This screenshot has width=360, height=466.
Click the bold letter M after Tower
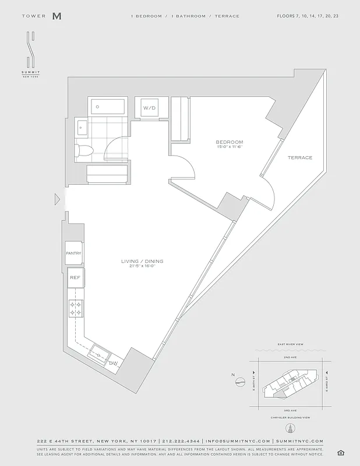pyautogui.click(x=57, y=16)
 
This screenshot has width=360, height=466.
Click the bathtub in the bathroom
pyautogui.click(x=107, y=107)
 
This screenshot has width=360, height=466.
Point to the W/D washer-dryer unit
pyautogui.click(x=150, y=108)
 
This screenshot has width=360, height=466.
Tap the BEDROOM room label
pyautogui.click(x=229, y=142)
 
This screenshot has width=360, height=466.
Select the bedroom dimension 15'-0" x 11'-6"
pyautogui.click(x=229, y=147)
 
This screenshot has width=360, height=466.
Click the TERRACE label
pyautogui.click(x=299, y=158)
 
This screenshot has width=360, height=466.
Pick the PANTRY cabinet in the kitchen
pyautogui.click(x=73, y=253)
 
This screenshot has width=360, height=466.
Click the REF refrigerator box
pyautogui.click(x=75, y=278)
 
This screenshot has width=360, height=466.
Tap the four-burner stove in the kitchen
pyautogui.click(x=75, y=308)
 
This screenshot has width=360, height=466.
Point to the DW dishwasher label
pyautogui.click(x=113, y=363)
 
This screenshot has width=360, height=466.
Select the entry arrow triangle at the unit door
pyautogui.click(x=57, y=199)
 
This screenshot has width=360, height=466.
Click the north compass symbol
pyautogui.click(x=240, y=382)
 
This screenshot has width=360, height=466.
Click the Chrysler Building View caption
pyautogui.click(x=289, y=418)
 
